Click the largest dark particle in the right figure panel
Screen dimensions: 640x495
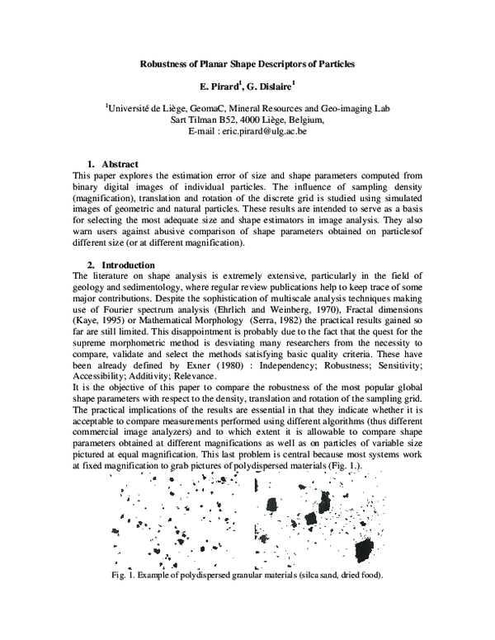[x=362, y=547]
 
